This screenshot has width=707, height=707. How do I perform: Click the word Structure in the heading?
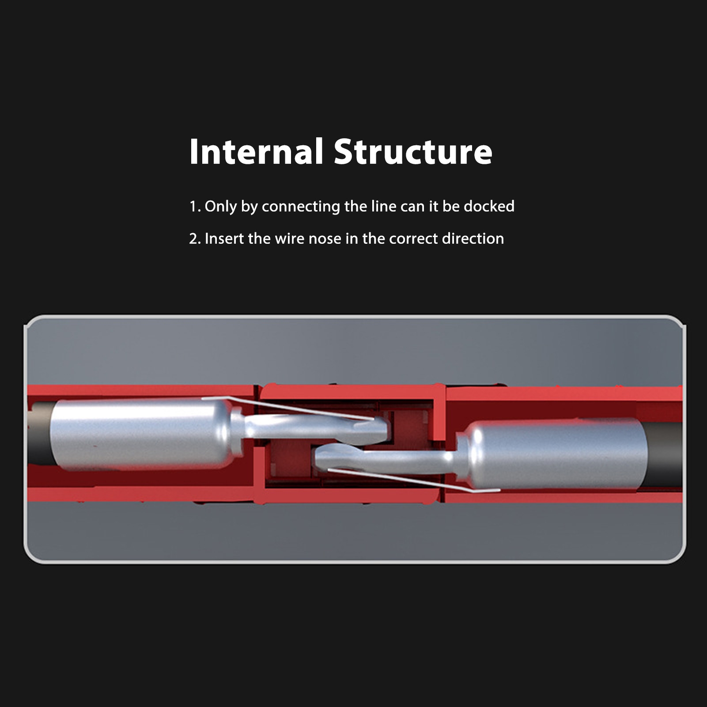[x=412, y=152]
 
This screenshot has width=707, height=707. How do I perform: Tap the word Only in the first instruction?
[x=220, y=207]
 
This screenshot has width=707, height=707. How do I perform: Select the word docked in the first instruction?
[x=489, y=206]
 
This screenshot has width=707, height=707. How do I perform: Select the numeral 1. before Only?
[x=195, y=207]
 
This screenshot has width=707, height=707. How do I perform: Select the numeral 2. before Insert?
[x=195, y=238]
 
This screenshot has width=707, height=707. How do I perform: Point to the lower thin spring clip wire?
[x=415, y=480]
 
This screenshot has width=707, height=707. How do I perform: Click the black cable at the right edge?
[x=665, y=455]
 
